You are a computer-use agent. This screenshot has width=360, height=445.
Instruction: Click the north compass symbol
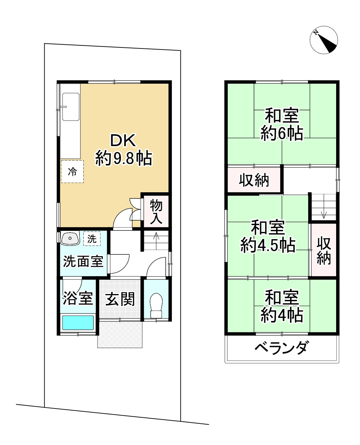tap(324, 40)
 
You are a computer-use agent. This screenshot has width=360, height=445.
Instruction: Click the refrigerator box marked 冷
tap(72, 171)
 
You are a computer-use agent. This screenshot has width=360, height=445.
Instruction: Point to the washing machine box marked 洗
tap(92, 239)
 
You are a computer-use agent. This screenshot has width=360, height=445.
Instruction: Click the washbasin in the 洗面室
tap(70, 238)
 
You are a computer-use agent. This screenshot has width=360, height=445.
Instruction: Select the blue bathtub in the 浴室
tap(77, 322)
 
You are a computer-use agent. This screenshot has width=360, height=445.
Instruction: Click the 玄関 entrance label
tap(120, 300)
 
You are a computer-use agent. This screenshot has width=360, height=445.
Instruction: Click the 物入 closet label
tap(156, 212)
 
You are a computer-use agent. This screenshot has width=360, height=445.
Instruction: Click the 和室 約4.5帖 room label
tap(268, 236)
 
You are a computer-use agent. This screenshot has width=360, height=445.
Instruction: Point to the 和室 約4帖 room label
tap(282, 306)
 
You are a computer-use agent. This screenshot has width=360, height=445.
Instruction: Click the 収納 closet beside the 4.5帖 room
tap(324, 251)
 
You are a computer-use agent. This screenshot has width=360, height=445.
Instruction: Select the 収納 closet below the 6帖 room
tap(254, 180)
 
